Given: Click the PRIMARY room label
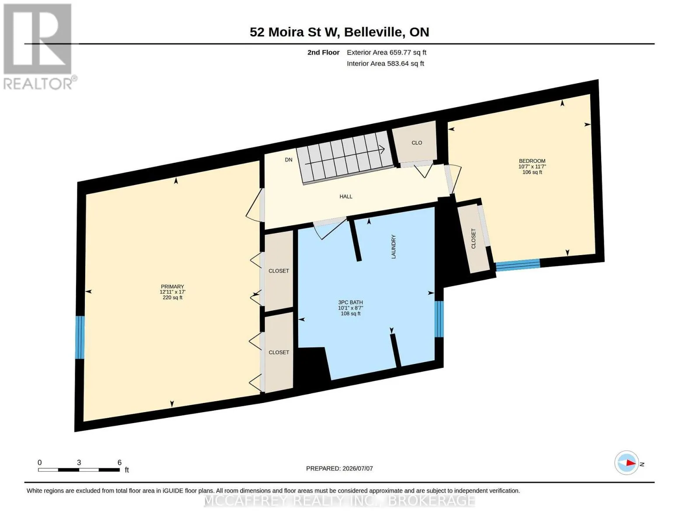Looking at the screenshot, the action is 172,287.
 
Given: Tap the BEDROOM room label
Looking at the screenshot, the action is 532,161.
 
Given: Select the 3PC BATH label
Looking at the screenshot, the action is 350,302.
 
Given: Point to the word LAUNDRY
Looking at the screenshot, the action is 393,247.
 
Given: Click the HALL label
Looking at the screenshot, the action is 345,196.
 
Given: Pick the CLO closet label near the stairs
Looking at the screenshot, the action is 417,143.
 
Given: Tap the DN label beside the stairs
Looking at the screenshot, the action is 289,160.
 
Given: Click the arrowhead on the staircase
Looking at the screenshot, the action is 382,149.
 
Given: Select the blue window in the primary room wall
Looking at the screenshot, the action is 80,337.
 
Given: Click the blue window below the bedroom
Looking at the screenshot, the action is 518,265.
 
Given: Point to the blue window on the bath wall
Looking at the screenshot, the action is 439,319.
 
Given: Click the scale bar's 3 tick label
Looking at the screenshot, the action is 79,462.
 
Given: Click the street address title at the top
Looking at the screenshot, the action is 339,32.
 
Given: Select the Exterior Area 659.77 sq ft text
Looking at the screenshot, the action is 387,52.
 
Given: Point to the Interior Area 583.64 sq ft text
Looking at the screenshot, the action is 385,63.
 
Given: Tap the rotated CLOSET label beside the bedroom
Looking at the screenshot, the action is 473,238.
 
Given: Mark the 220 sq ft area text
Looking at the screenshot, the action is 173,297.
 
